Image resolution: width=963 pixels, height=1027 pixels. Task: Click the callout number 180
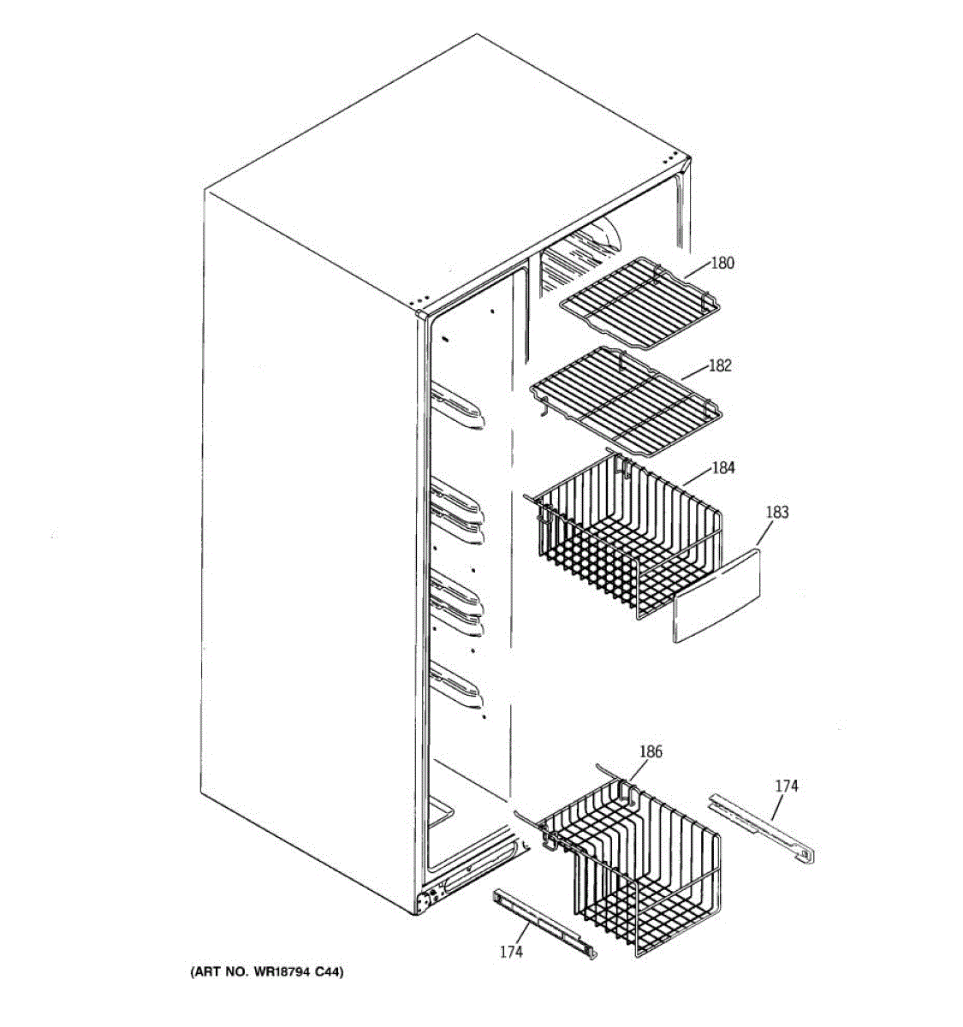pyautogui.click(x=722, y=264)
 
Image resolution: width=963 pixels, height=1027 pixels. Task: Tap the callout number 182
pyautogui.click(x=720, y=365)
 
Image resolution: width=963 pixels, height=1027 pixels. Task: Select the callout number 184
pyautogui.click(x=723, y=468)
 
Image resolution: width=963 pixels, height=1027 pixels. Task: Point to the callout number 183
pyautogui.click(x=776, y=513)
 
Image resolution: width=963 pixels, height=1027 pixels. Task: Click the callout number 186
pyautogui.click(x=651, y=752)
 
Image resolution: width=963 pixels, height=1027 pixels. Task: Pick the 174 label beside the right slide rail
pyautogui.click(x=787, y=786)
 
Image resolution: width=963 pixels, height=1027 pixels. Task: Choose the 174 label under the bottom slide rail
pyautogui.click(x=510, y=951)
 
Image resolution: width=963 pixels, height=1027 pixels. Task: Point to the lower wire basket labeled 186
pyautogui.click(x=633, y=864)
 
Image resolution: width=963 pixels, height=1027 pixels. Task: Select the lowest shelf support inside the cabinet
pyautogui.click(x=459, y=685)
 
